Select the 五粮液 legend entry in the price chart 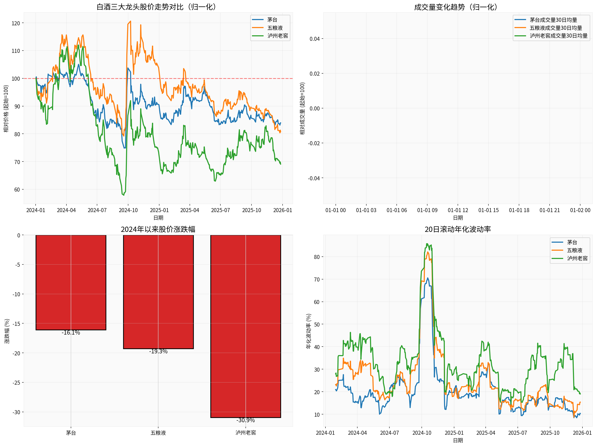click(x=275, y=28)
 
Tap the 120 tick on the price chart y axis click(x=16, y=23)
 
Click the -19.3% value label click(x=158, y=351)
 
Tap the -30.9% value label click(x=245, y=420)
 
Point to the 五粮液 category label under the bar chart click(x=158, y=433)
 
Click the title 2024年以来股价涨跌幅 click(x=158, y=229)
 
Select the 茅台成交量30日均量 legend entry click(x=553, y=20)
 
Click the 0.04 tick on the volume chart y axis click(x=314, y=39)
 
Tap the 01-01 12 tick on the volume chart click(x=458, y=210)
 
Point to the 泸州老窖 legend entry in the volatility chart click(x=577, y=258)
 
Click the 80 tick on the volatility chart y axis click(x=317, y=257)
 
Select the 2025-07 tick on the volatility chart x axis click(x=517, y=433)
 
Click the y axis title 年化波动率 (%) click(x=308, y=331)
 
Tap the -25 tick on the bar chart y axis click(x=16, y=382)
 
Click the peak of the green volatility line click(x=427, y=244)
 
